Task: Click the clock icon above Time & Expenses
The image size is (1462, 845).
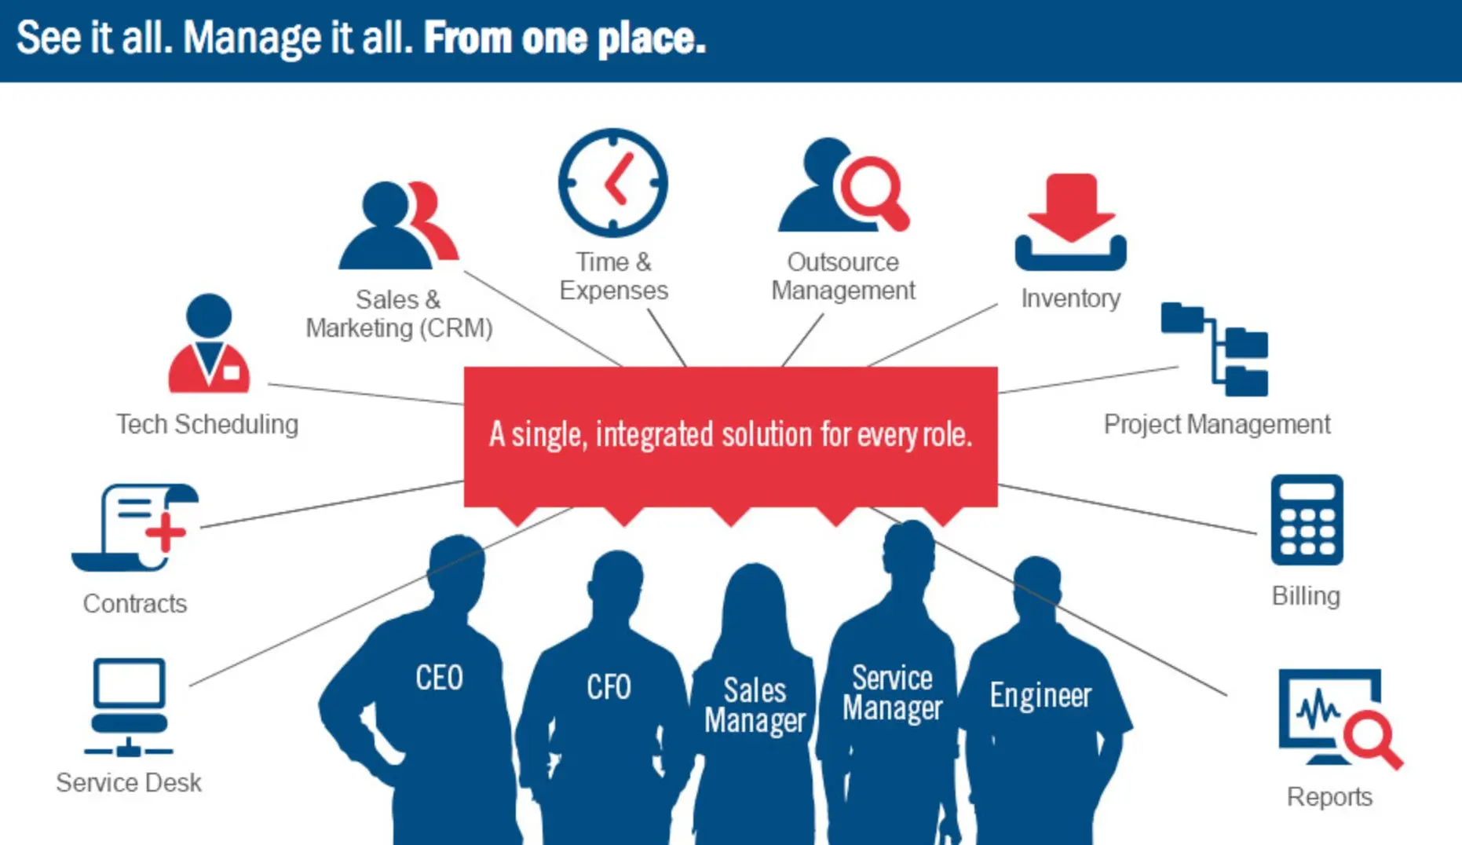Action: point(612,183)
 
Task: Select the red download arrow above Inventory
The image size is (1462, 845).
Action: point(1071,207)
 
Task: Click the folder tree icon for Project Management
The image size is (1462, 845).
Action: point(1215,349)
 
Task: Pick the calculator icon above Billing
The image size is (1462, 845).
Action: point(1307,520)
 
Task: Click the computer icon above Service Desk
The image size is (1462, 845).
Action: point(129,707)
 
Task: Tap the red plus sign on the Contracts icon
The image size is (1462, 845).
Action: point(165,532)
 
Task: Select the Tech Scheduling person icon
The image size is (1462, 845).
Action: point(209,343)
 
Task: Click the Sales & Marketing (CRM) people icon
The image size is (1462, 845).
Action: point(398,225)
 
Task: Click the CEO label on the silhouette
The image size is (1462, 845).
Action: point(439,678)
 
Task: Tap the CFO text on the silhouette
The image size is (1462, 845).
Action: point(609,687)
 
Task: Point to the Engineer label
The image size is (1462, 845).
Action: point(1040,696)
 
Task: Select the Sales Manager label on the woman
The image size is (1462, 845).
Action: point(755,706)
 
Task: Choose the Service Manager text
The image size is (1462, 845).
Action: point(892,693)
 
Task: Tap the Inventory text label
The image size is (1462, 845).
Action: point(1071,298)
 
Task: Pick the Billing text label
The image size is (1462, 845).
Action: point(1306,596)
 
